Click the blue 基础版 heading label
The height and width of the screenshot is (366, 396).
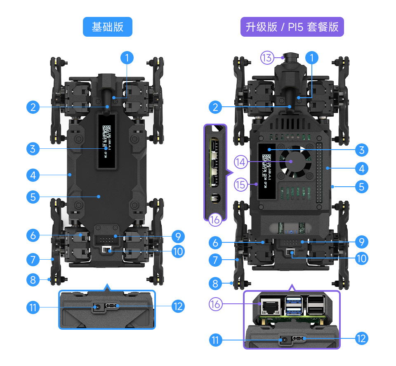click(x=107, y=27)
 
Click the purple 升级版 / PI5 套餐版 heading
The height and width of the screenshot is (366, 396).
click(x=292, y=27)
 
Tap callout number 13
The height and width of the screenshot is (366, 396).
click(x=267, y=58)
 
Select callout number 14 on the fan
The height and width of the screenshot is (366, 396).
click(x=240, y=162)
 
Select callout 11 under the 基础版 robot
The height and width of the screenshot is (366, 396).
click(x=33, y=307)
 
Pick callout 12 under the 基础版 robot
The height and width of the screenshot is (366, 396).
click(x=178, y=306)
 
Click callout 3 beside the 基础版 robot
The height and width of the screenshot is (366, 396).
click(x=33, y=148)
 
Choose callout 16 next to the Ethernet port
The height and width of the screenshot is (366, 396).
click(x=215, y=304)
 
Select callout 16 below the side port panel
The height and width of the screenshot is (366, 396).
click(x=215, y=220)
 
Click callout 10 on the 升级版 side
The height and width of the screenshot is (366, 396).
click(x=361, y=258)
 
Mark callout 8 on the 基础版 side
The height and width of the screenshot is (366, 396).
click(x=33, y=280)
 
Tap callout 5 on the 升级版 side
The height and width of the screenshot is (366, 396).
click(x=361, y=187)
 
